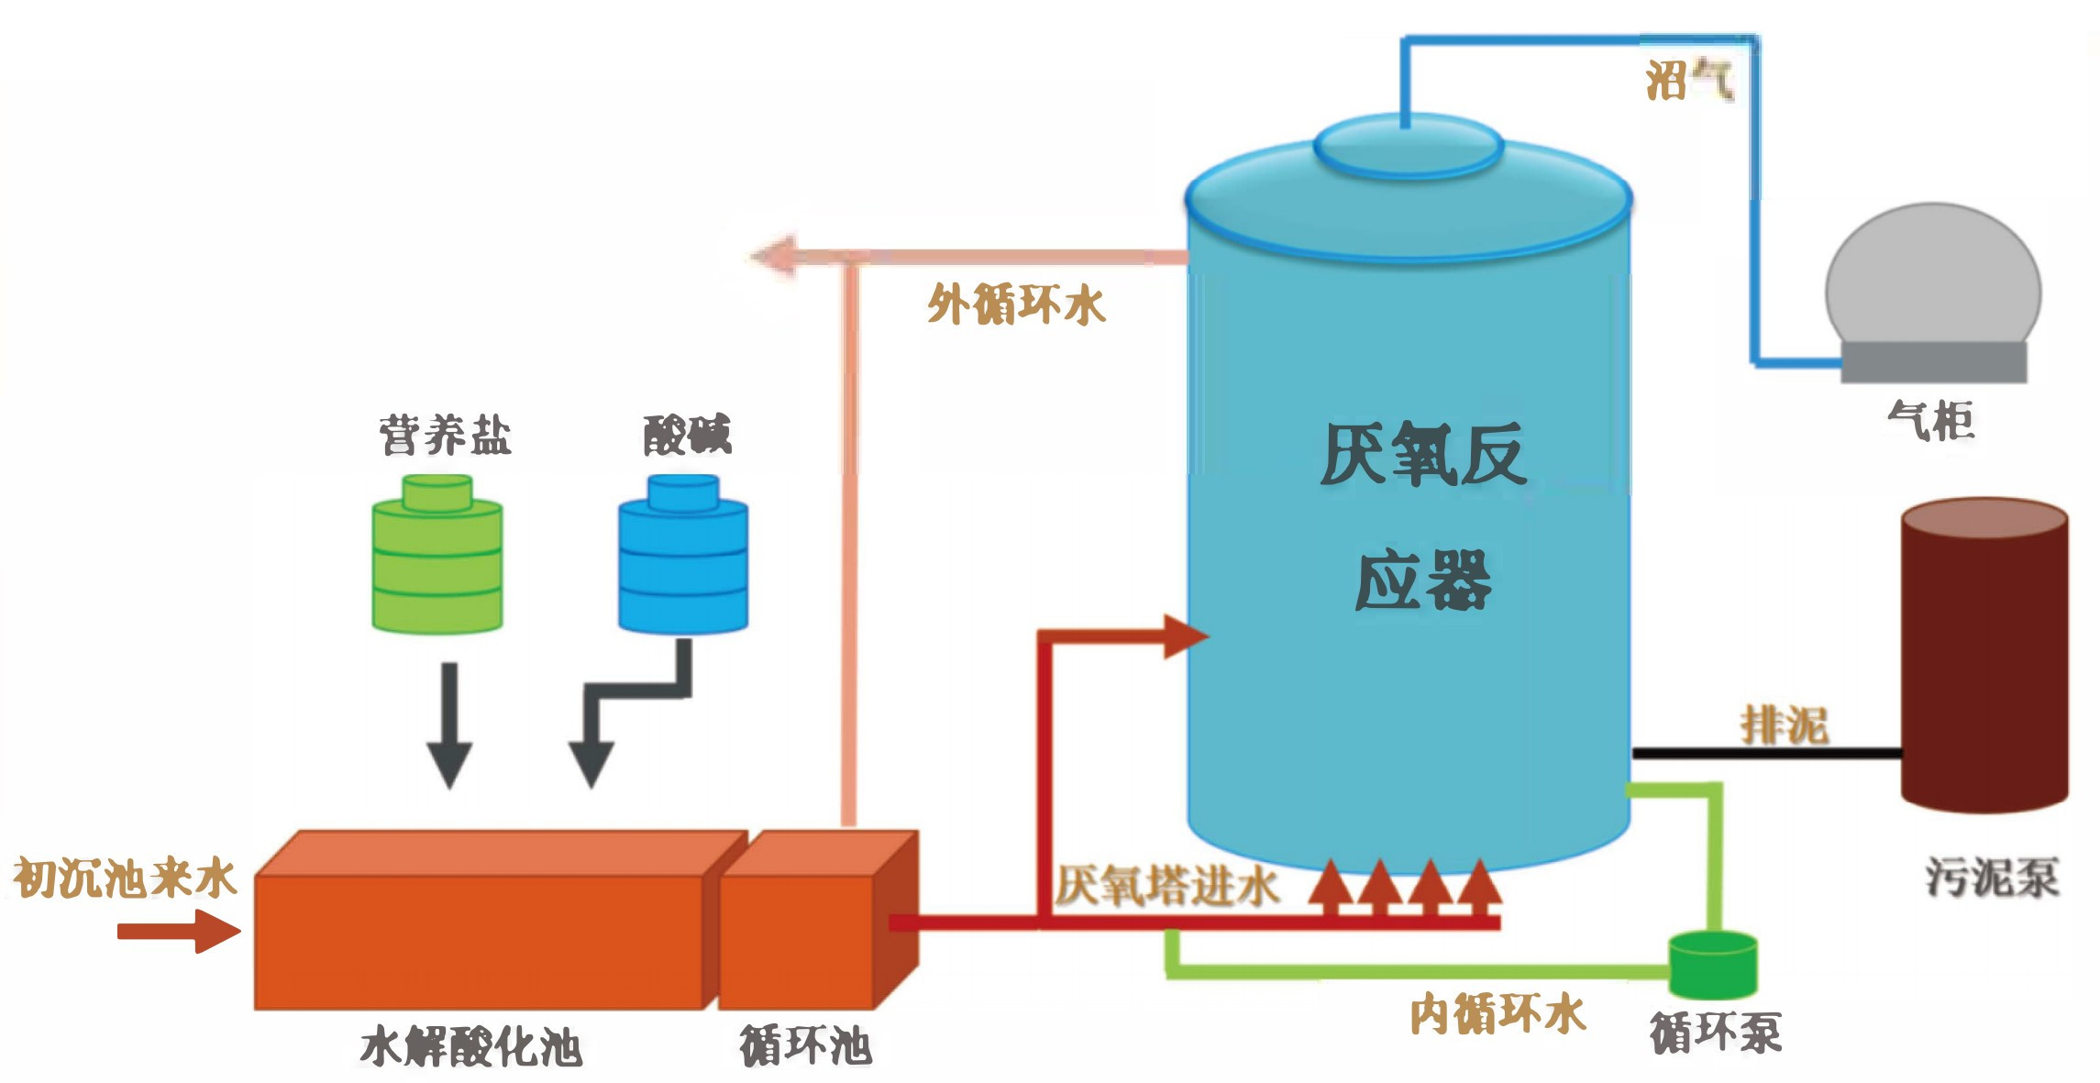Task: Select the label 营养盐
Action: pyautogui.click(x=445, y=435)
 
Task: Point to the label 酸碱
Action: pyautogui.click(x=687, y=435)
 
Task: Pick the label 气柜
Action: pyautogui.click(x=1931, y=421)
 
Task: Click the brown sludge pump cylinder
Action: pyautogui.click(x=1984, y=656)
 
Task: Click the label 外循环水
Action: pyautogui.click(x=1016, y=304)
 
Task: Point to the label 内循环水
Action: pyautogui.click(x=1498, y=1013)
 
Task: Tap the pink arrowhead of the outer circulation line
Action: pyautogui.click(x=772, y=256)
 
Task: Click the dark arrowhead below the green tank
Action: pyautogui.click(x=449, y=763)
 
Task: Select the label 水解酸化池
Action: pyautogui.click(x=470, y=1046)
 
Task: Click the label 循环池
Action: pyautogui.click(x=805, y=1045)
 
